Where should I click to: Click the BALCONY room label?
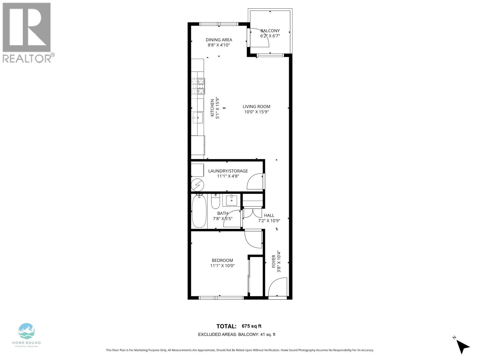pyautogui.click(x=270, y=31)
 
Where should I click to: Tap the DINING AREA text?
pyautogui.click(x=219, y=40)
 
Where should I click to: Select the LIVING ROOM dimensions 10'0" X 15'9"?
pyautogui.click(x=256, y=112)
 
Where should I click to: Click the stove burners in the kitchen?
pyautogui.click(x=198, y=86)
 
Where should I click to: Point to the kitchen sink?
pyautogui.click(x=198, y=118)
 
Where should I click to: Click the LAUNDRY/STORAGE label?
pyautogui.click(x=228, y=171)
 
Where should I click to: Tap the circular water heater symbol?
pyautogui.click(x=198, y=185)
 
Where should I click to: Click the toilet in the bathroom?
pyautogui.click(x=215, y=202)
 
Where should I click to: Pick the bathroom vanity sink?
pyautogui.click(x=232, y=200)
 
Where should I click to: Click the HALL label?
pyautogui.click(x=269, y=215)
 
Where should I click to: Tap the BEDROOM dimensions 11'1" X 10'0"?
pyautogui.click(x=222, y=265)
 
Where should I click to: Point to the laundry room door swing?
pyautogui.click(x=255, y=182)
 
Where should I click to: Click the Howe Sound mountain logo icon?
pyautogui.click(x=27, y=331)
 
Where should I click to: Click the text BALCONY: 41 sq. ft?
pyautogui.click(x=256, y=334)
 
